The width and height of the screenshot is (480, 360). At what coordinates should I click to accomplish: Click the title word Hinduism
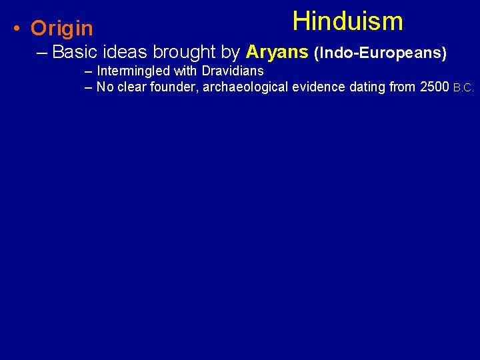[347, 21]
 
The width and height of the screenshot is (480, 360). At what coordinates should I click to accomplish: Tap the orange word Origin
[62, 29]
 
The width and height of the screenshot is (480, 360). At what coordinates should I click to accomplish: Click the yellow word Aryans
[277, 52]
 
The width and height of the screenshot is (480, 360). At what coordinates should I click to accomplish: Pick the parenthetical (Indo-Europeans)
[380, 52]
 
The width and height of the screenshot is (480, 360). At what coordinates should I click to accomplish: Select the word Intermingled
[133, 71]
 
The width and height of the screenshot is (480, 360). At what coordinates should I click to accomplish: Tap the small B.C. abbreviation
[463, 88]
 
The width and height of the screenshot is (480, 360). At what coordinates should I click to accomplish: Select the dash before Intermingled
[89, 71]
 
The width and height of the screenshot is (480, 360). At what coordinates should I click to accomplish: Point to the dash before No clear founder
[89, 87]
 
